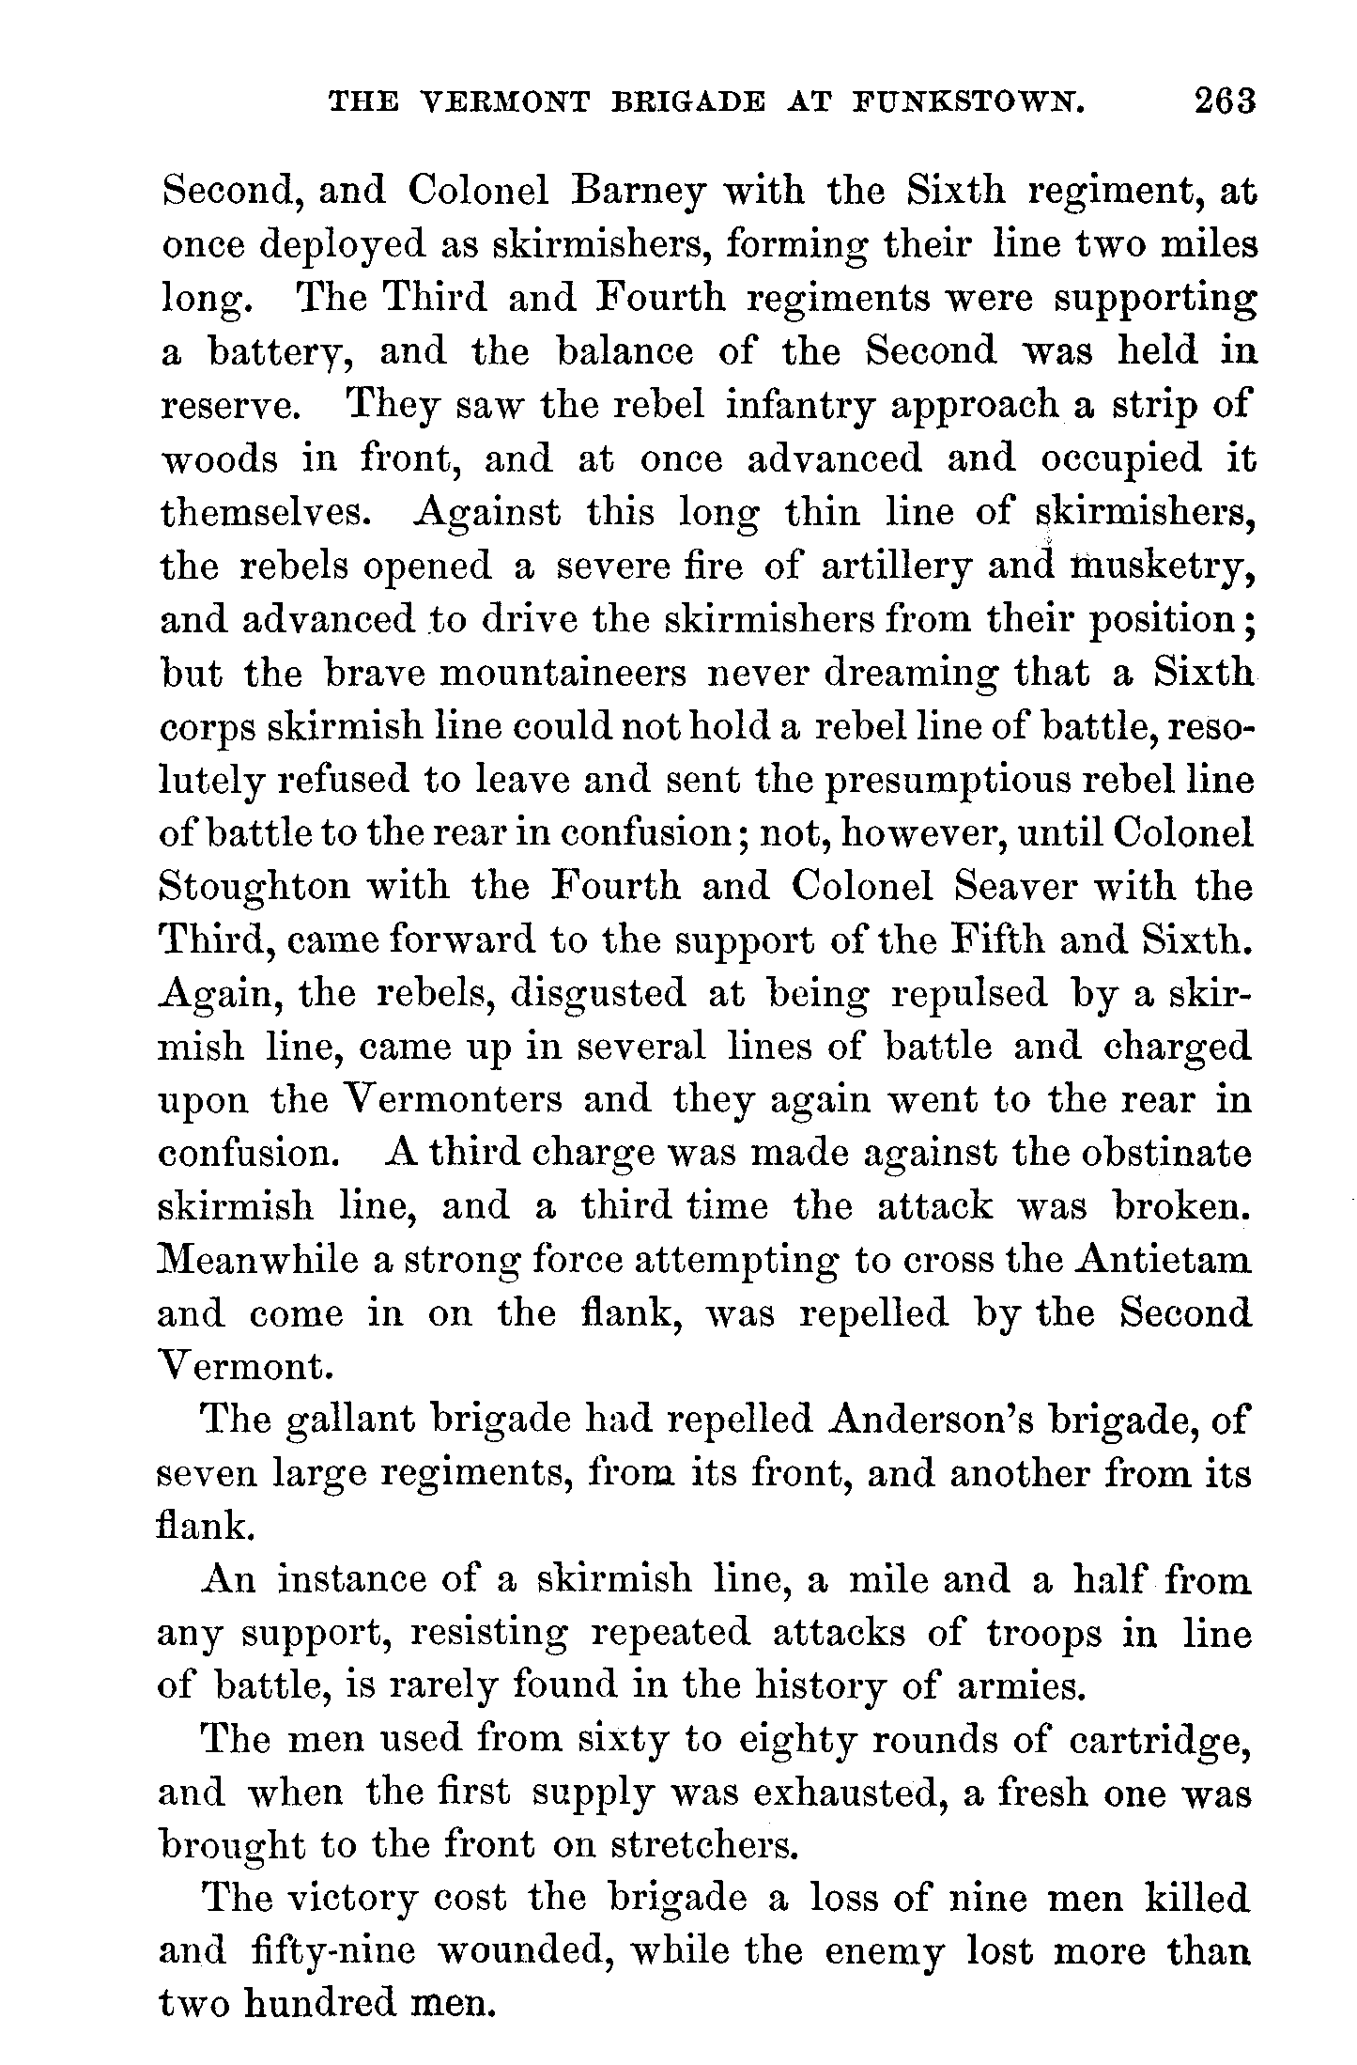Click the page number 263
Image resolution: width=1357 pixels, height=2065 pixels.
(1225, 101)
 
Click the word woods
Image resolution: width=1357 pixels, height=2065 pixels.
(220, 459)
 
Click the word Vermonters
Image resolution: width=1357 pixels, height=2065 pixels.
(439, 1100)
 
